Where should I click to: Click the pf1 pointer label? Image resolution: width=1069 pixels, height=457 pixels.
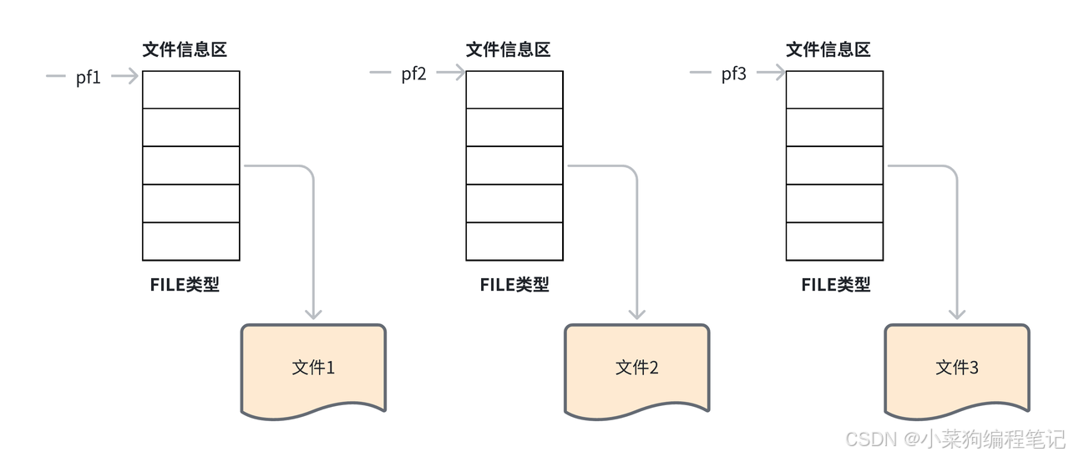(x=89, y=78)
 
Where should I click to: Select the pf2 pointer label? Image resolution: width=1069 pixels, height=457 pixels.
(x=413, y=74)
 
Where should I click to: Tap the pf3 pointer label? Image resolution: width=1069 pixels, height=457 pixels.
(x=734, y=74)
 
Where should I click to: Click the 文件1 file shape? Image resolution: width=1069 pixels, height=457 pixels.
(x=314, y=368)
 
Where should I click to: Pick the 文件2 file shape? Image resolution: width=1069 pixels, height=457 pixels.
(x=637, y=368)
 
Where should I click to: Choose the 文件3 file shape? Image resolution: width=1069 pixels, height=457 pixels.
(x=957, y=368)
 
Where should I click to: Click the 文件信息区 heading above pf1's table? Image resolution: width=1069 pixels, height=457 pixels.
(x=185, y=49)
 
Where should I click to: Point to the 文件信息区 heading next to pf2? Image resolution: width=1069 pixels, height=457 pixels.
(x=509, y=49)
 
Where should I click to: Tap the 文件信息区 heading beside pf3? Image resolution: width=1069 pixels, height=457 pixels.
(x=828, y=49)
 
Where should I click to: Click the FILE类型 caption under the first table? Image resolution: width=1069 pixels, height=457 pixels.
(x=185, y=284)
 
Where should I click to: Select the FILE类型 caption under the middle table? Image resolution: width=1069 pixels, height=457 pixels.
(x=514, y=284)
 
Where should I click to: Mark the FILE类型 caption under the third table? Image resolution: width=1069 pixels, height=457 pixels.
(x=836, y=284)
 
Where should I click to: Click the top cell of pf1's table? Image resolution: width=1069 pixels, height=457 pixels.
(x=191, y=89)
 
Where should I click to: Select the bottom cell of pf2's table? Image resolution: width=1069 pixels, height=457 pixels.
(x=514, y=241)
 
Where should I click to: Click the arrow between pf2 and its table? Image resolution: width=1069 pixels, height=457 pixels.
(x=451, y=74)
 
